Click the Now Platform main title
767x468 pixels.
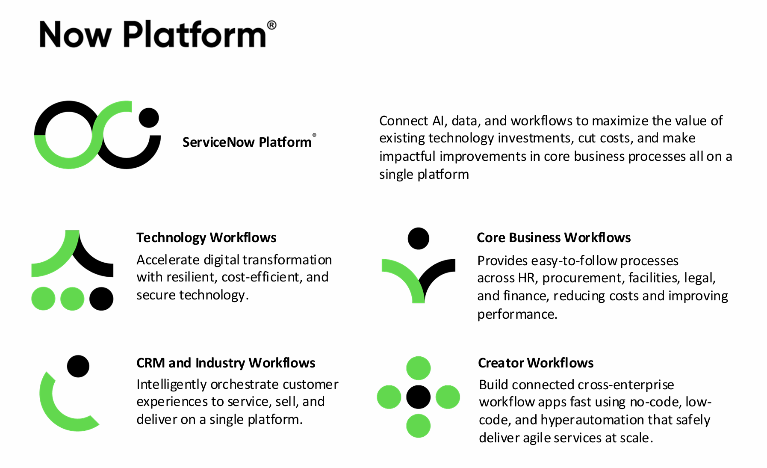153,34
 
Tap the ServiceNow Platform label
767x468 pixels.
247,142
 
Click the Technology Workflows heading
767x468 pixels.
206,237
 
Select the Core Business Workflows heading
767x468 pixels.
554,237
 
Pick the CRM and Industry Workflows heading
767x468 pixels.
226,363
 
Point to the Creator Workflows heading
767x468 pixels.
536,363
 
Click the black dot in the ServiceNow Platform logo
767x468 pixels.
149,118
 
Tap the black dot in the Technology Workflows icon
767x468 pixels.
101,299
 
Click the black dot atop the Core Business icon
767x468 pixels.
418,238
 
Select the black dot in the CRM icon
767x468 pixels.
78,366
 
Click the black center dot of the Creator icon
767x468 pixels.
418,397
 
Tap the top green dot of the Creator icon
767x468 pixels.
418,368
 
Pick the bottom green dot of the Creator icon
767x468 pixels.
418,426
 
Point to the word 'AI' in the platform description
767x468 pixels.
438,121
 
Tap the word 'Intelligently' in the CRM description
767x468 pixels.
172,385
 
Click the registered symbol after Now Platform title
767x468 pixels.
271,25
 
